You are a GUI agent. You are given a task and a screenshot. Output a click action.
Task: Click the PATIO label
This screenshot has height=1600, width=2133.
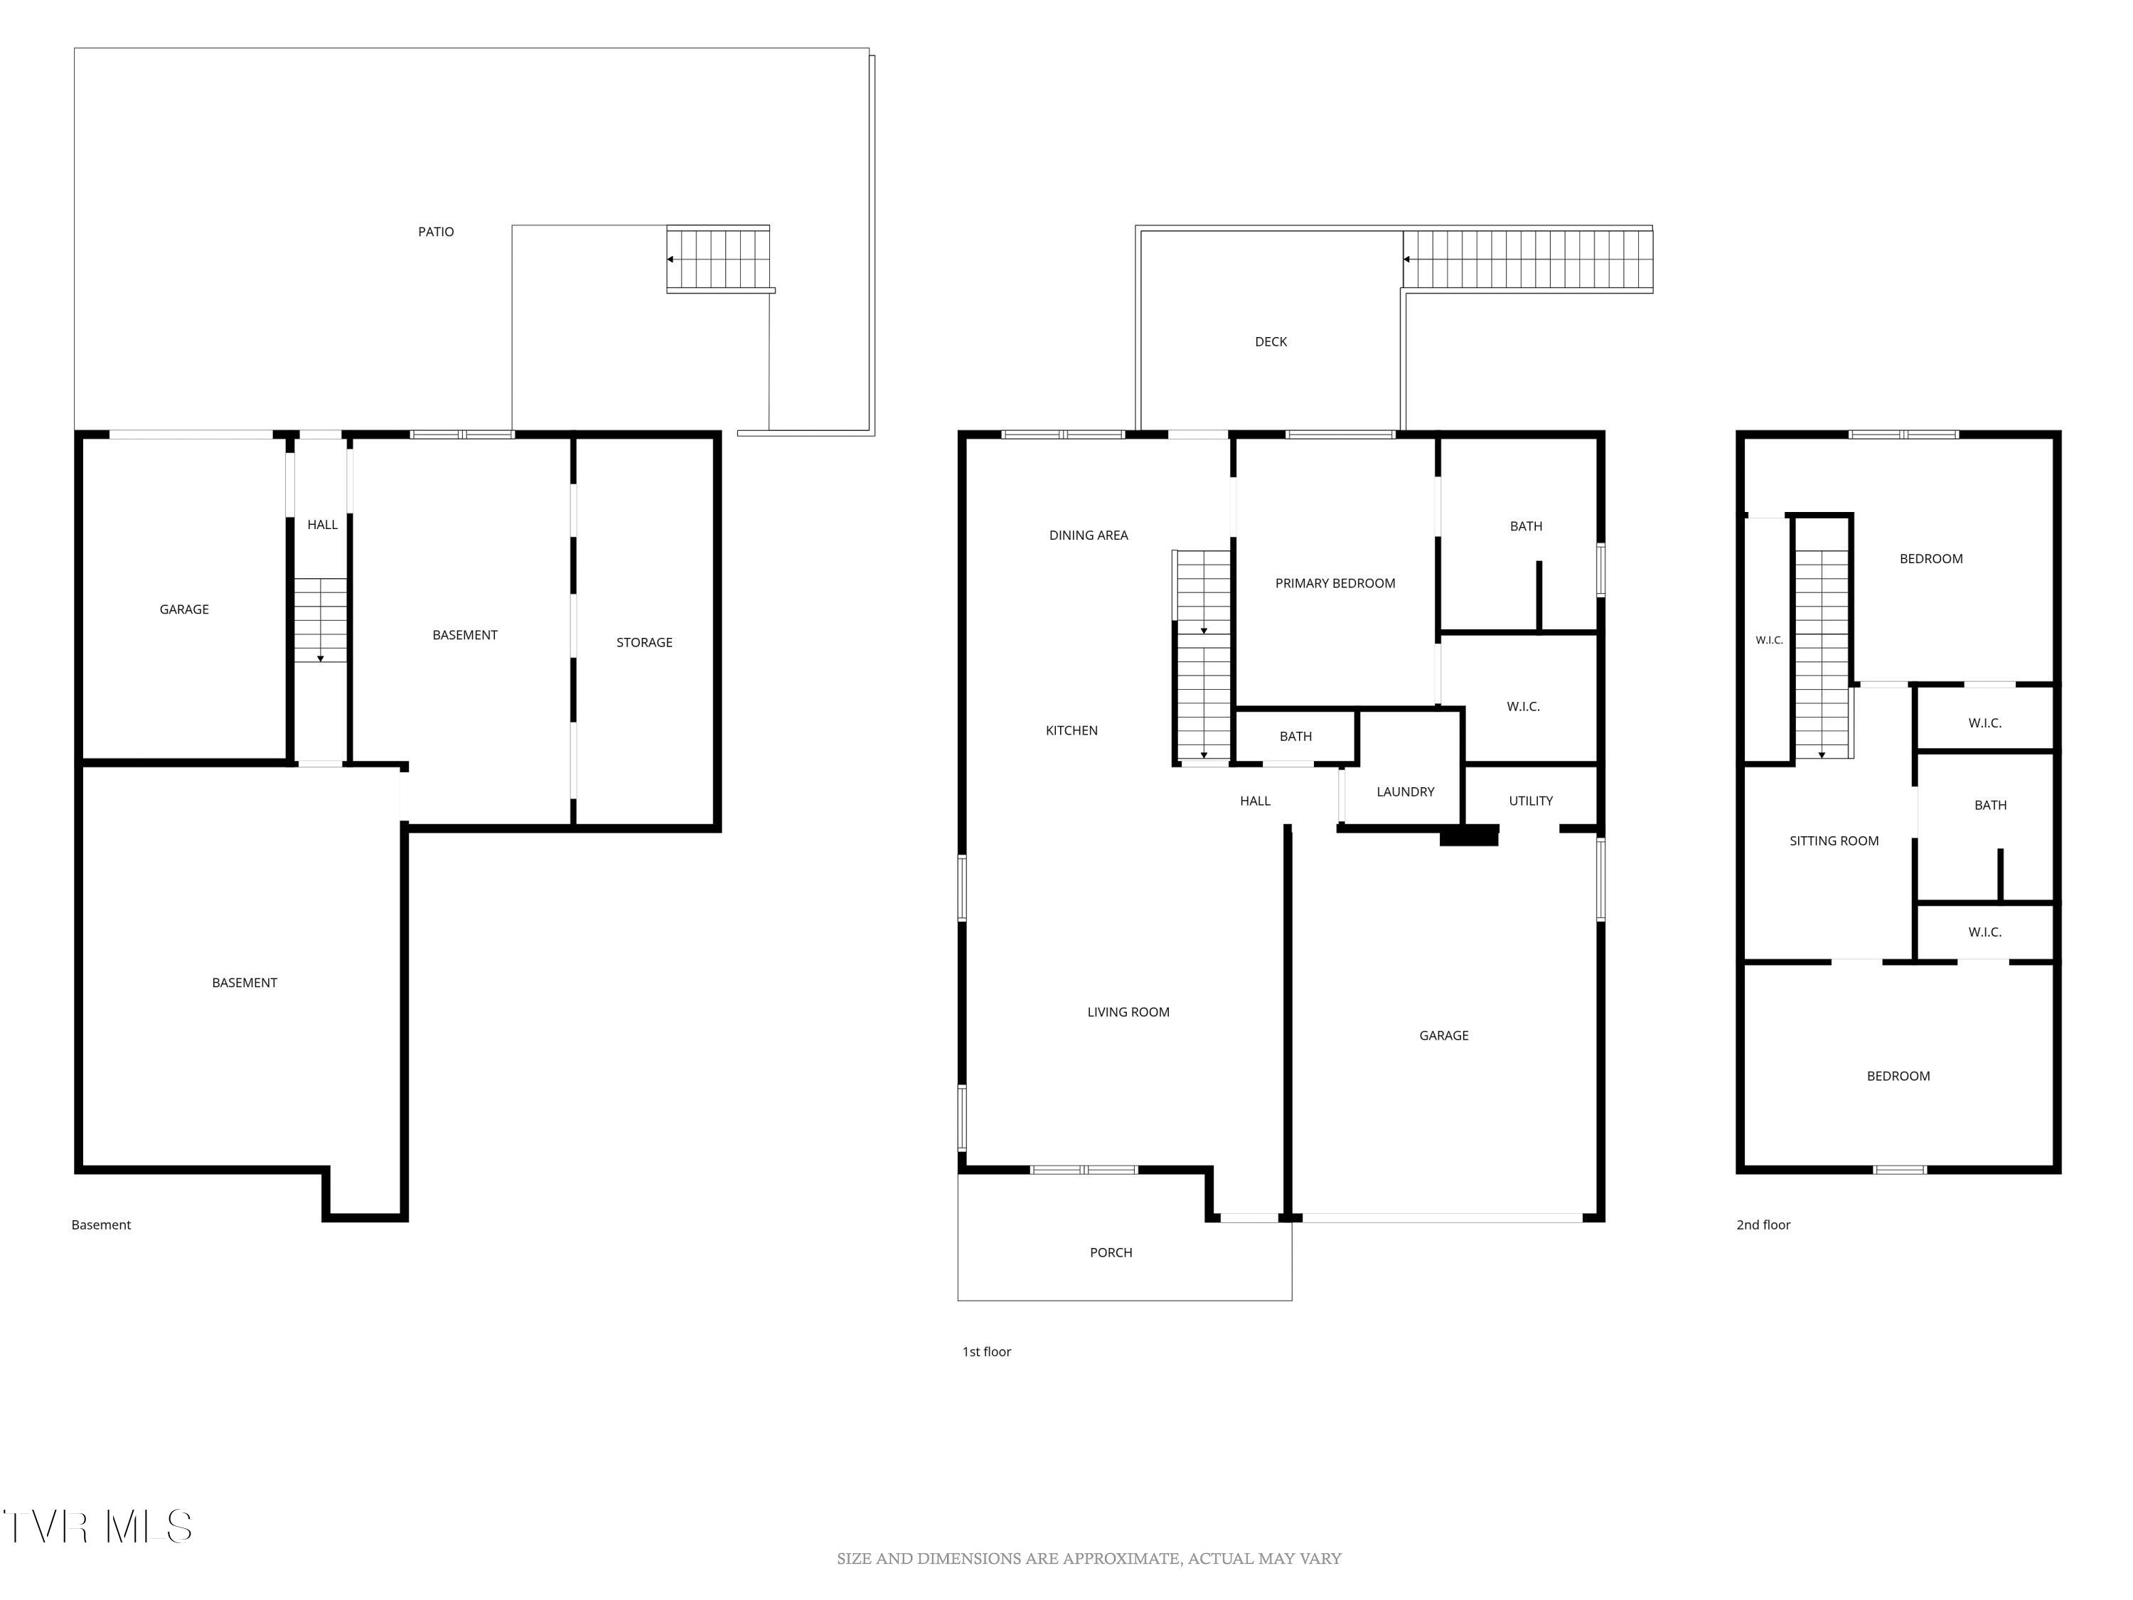pos(436,231)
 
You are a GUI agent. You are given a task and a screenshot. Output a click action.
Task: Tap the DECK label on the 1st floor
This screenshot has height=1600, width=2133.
pos(1271,341)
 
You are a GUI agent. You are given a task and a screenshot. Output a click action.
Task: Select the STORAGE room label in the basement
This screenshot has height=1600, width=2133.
pos(644,642)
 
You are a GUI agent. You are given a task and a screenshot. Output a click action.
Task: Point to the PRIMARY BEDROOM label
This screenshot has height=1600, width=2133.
pos(1335,584)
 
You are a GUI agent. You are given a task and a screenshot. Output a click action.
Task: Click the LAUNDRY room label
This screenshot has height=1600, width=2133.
pos(1405,791)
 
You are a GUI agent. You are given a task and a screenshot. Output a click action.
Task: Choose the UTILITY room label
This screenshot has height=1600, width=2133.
pos(1530,801)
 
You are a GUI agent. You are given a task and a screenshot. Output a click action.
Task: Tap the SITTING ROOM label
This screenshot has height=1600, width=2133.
pos(1834,841)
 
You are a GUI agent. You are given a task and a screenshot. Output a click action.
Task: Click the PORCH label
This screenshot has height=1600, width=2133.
pos(1111,1253)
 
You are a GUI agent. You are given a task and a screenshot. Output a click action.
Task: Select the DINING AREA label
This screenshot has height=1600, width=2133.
pos(1089,535)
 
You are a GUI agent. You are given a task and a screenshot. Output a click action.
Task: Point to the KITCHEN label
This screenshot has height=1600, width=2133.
pos(1071,731)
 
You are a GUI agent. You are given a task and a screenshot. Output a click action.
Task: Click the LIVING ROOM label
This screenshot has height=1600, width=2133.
pos(1128,1013)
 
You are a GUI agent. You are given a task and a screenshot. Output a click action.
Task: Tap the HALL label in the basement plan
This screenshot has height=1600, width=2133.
pos(322,525)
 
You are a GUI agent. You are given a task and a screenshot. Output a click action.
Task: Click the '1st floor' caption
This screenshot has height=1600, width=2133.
pos(986,1352)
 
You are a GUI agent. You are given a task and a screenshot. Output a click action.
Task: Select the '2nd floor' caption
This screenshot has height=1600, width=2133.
pos(1763,1225)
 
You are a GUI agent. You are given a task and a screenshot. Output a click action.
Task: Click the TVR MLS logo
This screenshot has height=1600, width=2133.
pos(97,1527)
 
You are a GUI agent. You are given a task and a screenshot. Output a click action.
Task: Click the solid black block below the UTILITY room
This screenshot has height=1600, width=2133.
pos(1469,836)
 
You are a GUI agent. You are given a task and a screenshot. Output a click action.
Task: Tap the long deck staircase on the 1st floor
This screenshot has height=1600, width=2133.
pos(1527,260)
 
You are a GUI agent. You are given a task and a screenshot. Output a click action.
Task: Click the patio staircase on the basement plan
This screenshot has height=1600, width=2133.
pos(718,258)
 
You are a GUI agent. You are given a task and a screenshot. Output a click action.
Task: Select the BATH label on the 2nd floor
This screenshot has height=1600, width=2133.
pos(1990,805)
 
